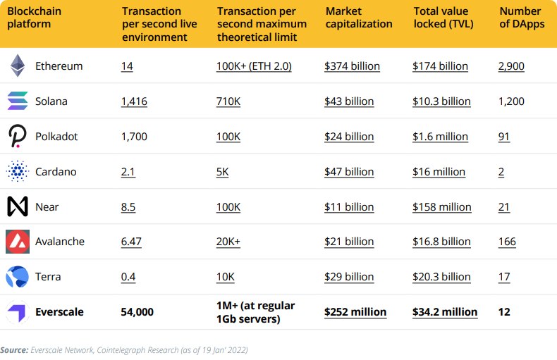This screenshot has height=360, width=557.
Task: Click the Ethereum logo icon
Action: coord(17,66)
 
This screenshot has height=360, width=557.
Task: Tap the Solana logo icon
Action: coord(17,101)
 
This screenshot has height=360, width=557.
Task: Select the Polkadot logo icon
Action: coord(17,136)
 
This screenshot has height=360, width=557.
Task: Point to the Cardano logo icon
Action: coord(17,171)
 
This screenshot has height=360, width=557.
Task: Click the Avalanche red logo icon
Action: coord(17,242)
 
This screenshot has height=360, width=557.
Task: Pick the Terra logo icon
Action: coord(17,277)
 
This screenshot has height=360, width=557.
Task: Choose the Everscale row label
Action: coord(60,311)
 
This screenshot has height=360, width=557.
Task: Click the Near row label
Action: coord(47,207)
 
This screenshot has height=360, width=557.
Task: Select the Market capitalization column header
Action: coord(359,18)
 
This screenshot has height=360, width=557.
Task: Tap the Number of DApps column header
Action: coord(520,18)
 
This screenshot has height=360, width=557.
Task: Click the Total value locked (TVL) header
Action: coord(443,18)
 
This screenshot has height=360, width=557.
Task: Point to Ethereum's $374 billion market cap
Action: coord(352,66)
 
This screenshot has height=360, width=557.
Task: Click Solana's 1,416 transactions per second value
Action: coord(134,101)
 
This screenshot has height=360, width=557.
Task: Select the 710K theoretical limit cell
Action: coord(228,101)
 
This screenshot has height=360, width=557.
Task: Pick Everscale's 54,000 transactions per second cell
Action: coord(137,311)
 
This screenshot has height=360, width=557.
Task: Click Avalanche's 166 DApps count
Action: coord(507,242)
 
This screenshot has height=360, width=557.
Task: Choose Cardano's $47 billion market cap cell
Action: coord(349,172)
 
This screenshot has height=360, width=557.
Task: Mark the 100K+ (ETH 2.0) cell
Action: coord(254,66)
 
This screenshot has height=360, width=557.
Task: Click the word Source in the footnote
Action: coord(13,349)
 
